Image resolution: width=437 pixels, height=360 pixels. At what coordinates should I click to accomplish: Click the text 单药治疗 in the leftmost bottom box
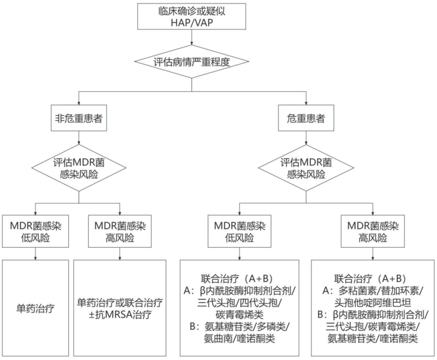(x=36, y=307)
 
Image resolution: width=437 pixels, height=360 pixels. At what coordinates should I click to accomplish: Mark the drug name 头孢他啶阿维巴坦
(x=373, y=302)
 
